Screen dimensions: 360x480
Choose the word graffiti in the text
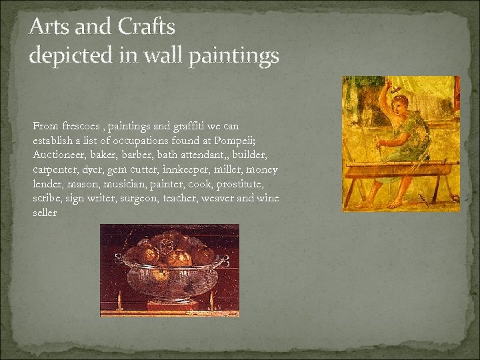tap(194, 126)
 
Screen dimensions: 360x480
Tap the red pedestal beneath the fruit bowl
tap(172, 307)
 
